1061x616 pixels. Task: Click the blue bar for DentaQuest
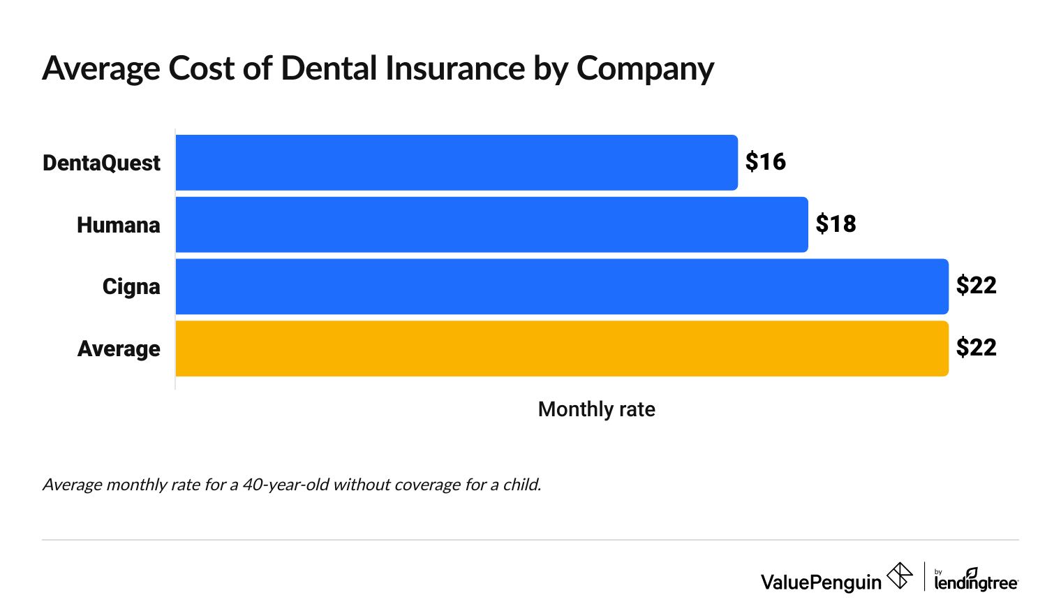[x=457, y=163]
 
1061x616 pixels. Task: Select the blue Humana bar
[x=491, y=224]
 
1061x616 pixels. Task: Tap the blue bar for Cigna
[x=562, y=286]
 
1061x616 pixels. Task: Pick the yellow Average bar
[x=562, y=349]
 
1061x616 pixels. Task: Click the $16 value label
[x=765, y=162]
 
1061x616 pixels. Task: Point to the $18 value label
[x=836, y=224]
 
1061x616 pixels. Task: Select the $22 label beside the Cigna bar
[x=976, y=286]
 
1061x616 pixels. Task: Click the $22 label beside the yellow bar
[x=976, y=348]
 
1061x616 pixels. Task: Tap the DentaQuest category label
[x=101, y=163]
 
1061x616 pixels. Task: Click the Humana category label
[x=118, y=225]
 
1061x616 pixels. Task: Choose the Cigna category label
[x=131, y=287]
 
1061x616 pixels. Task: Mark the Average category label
[x=119, y=349]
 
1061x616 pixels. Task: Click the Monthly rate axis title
[x=596, y=409]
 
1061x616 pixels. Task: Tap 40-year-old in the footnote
[x=285, y=485]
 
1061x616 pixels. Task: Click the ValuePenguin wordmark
[x=821, y=582]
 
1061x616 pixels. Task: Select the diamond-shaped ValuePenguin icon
[x=899, y=576]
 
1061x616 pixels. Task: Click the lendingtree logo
[x=976, y=580]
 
